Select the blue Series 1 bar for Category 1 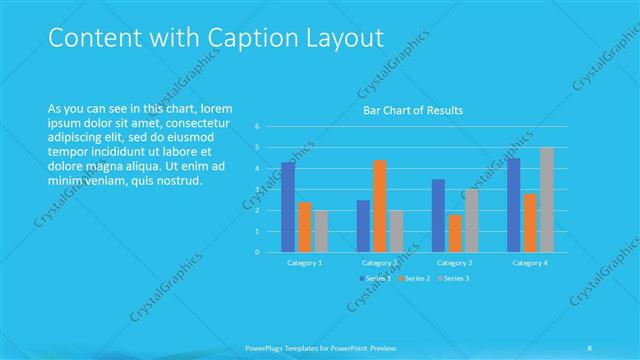[288, 207]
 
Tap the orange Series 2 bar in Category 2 [380, 206]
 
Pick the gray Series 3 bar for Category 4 [547, 199]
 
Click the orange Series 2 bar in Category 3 [455, 233]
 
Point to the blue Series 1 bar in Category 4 [513, 205]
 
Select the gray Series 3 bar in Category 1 [320, 231]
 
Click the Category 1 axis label [304, 262]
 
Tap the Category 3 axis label [455, 262]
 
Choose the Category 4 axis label [530, 262]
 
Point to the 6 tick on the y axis [257, 126]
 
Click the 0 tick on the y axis [257, 252]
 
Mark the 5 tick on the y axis [257, 147]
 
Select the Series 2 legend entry [417, 277]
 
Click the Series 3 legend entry [454, 277]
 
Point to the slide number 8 [590, 347]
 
